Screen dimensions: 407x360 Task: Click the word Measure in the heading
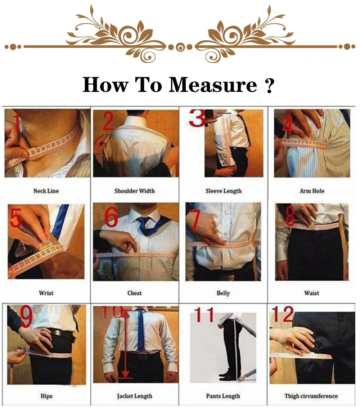213,85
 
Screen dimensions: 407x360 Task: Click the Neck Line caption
46,191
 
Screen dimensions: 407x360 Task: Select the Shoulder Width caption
135,191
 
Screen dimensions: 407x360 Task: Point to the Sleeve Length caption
224,191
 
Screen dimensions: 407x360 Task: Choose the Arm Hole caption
312,191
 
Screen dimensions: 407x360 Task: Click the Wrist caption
46,293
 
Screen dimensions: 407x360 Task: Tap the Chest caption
135,293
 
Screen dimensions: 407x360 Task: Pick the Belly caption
223,293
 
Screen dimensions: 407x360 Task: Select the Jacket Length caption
135,396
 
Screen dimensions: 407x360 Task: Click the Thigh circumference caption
311,396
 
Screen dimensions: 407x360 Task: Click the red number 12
283,314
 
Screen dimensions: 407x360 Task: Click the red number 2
108,122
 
